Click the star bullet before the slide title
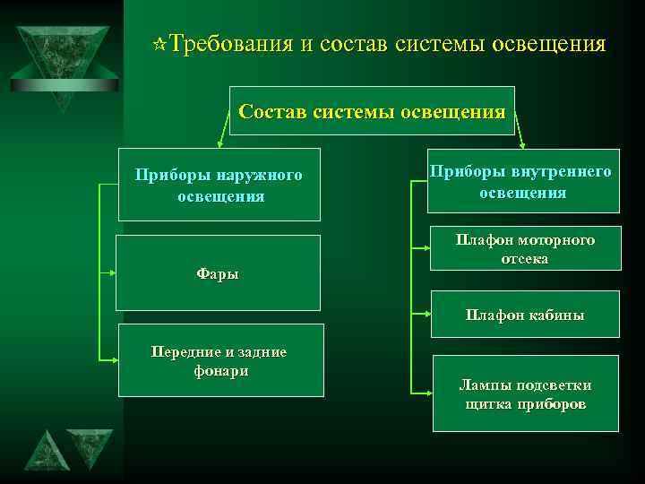point(159,44)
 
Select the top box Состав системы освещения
point(372,111)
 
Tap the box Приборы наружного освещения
point(219,185)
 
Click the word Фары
point(218,273)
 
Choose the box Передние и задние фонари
point(220,360)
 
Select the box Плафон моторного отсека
point(525,249)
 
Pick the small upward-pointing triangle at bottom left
point(46,454)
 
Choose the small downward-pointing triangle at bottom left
point(90,446)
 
